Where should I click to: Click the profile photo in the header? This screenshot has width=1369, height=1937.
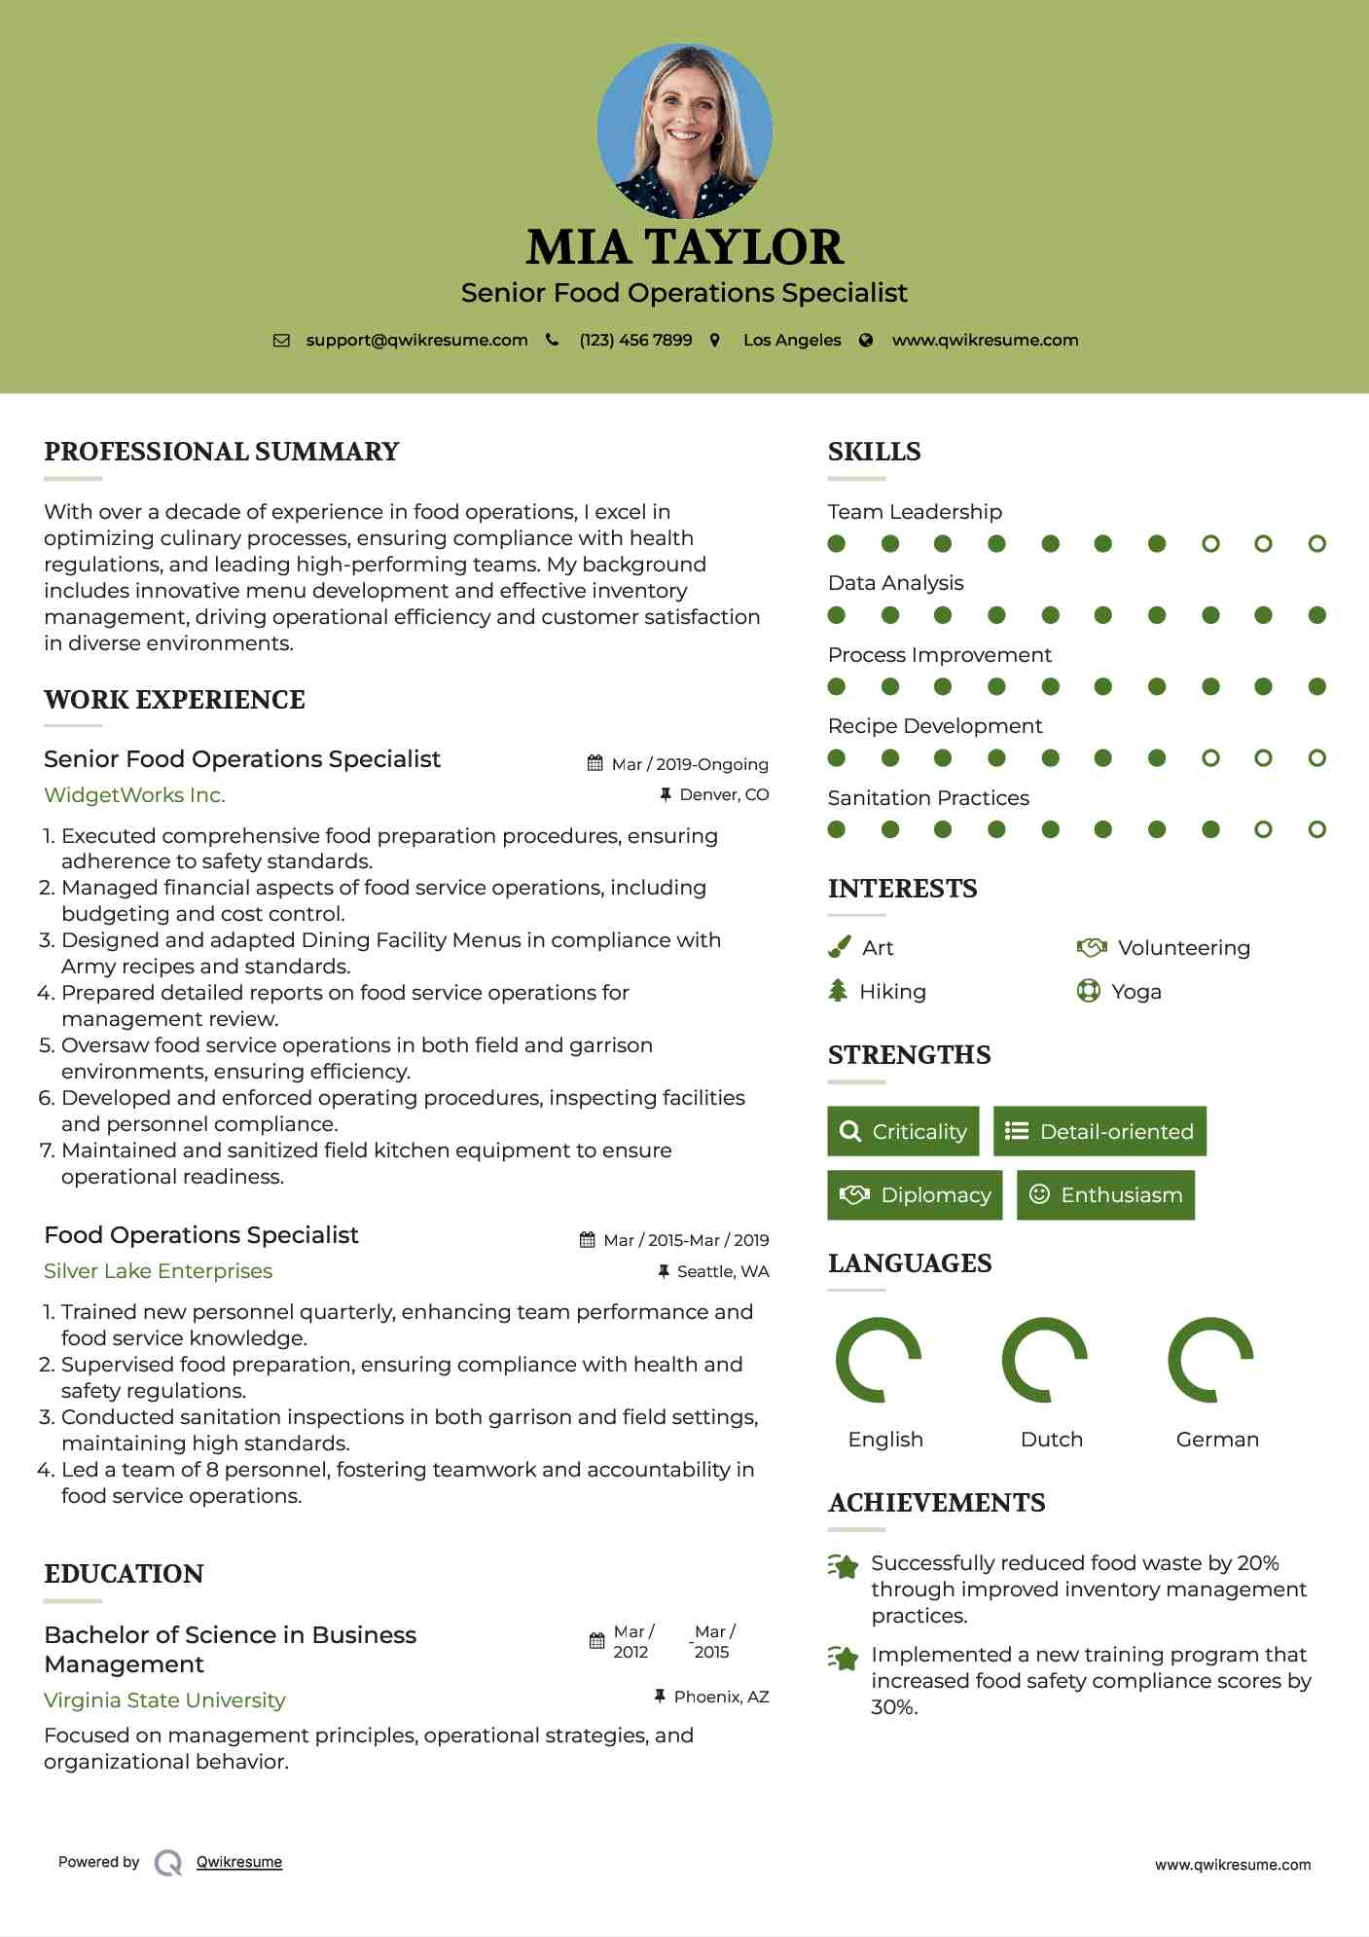point(684,130)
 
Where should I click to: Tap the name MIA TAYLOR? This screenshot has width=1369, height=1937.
point(684,247)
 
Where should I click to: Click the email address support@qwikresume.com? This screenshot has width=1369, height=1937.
point(416,341)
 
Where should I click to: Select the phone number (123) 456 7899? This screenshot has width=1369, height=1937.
point(635,341)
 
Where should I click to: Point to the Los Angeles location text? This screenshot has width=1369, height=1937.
point(791,341)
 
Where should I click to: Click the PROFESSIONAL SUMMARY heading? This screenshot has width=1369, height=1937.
point(222,452)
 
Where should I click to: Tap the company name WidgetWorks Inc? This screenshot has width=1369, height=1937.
point(134,795)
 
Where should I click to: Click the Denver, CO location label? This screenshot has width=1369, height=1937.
point(723,795)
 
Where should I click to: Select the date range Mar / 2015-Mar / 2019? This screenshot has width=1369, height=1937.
point(685,1240)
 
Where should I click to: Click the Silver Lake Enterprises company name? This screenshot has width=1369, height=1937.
point(158,1271)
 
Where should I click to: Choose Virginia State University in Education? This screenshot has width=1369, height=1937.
point(164,1700)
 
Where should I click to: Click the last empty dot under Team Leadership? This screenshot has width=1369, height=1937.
point(1316,544)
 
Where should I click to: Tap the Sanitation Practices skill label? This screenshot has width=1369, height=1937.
point(927,798)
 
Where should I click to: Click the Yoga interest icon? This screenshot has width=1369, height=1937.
point(1088,992)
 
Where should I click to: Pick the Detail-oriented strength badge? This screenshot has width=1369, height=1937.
point(1099,1131)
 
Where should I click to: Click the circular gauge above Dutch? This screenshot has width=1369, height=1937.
point(1044,1360)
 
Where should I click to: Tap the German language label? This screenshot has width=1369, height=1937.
point(1216,1440)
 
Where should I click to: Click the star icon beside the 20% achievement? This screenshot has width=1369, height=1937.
point(843,1566)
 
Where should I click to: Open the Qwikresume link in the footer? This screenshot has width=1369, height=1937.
point(238,1862)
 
